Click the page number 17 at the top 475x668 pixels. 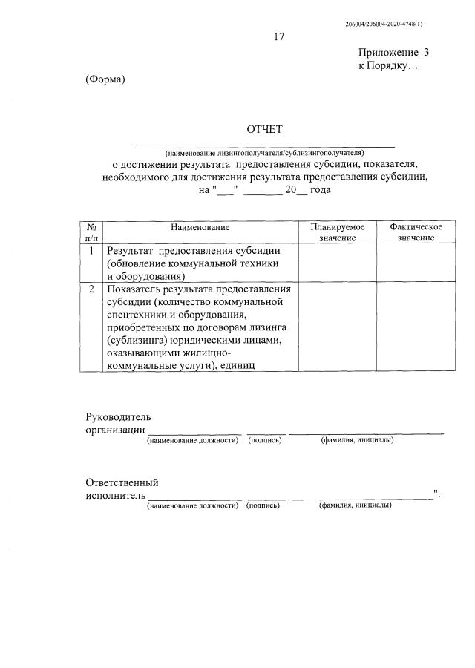278,36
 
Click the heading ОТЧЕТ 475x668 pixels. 265,131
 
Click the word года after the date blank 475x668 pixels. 315,190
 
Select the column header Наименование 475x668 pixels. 200,226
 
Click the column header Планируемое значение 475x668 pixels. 338,232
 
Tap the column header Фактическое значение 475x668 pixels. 416,232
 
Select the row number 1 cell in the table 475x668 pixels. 91,251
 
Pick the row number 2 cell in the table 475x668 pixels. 91,289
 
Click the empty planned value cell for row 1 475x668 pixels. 338,263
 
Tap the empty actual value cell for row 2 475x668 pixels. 416,326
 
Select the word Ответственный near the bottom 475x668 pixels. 122,482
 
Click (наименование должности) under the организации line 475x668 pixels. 193,440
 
